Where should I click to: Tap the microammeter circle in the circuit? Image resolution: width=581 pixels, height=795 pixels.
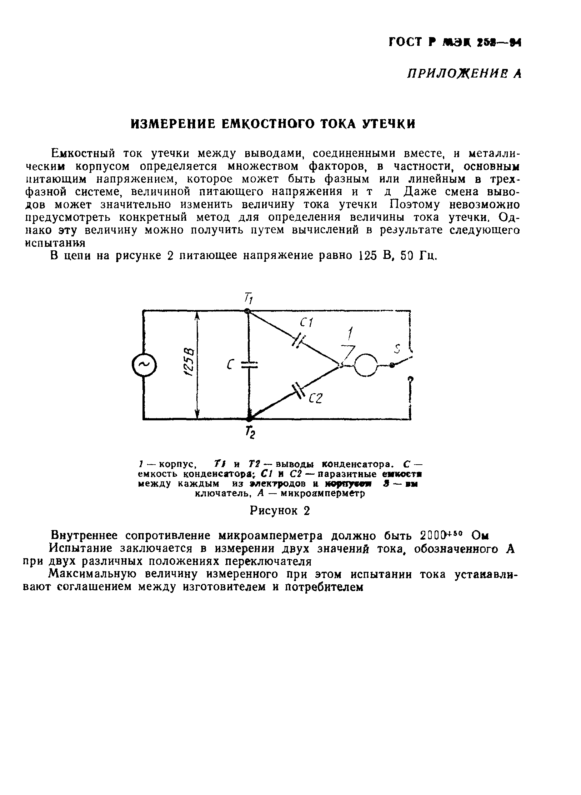[x=365, y=365]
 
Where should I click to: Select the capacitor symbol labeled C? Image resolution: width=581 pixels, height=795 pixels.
[x=249, y=364]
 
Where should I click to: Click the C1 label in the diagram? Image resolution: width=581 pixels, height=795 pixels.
[x=306, y=323]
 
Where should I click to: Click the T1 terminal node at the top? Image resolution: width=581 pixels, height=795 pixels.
[x=247, y=311]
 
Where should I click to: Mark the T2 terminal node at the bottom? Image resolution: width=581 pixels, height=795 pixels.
[x=249, y=418]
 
